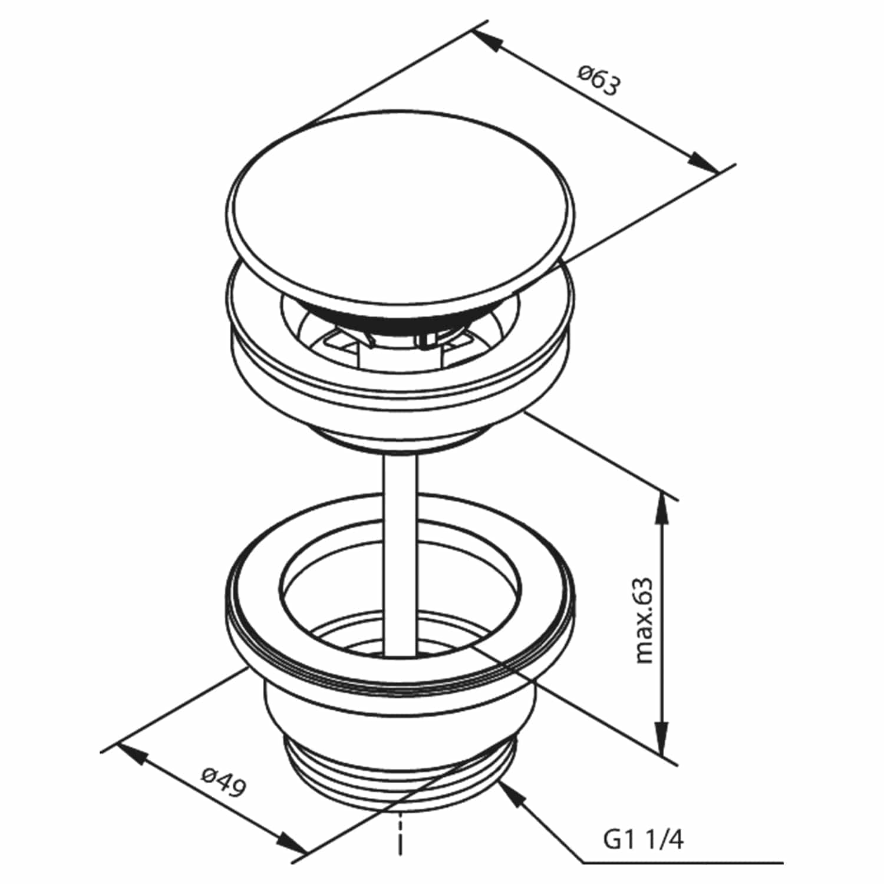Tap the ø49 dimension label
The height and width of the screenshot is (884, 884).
[223, 781]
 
